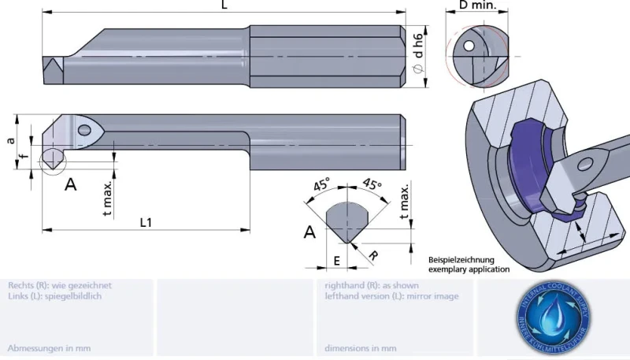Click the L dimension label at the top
pyautogui.click(x=224, y=6)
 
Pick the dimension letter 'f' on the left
pyautogui.click(x=23, y=155)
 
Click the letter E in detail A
pyautogui.click(x=336, y=259)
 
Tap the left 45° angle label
pyautogui.click(x=321, y=187)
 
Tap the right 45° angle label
pyautogui.click(x=371, y=187)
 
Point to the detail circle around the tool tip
pyautogui.click(x=50, y=160)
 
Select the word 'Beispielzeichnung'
pyautogui.click(x=461, y=259)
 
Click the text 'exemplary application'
pyautogui.click(x=469, y=269)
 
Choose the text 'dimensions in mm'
pyautogui.click(x=360, y=347)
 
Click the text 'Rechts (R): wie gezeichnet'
pyautogui.click(x=59, y=285)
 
